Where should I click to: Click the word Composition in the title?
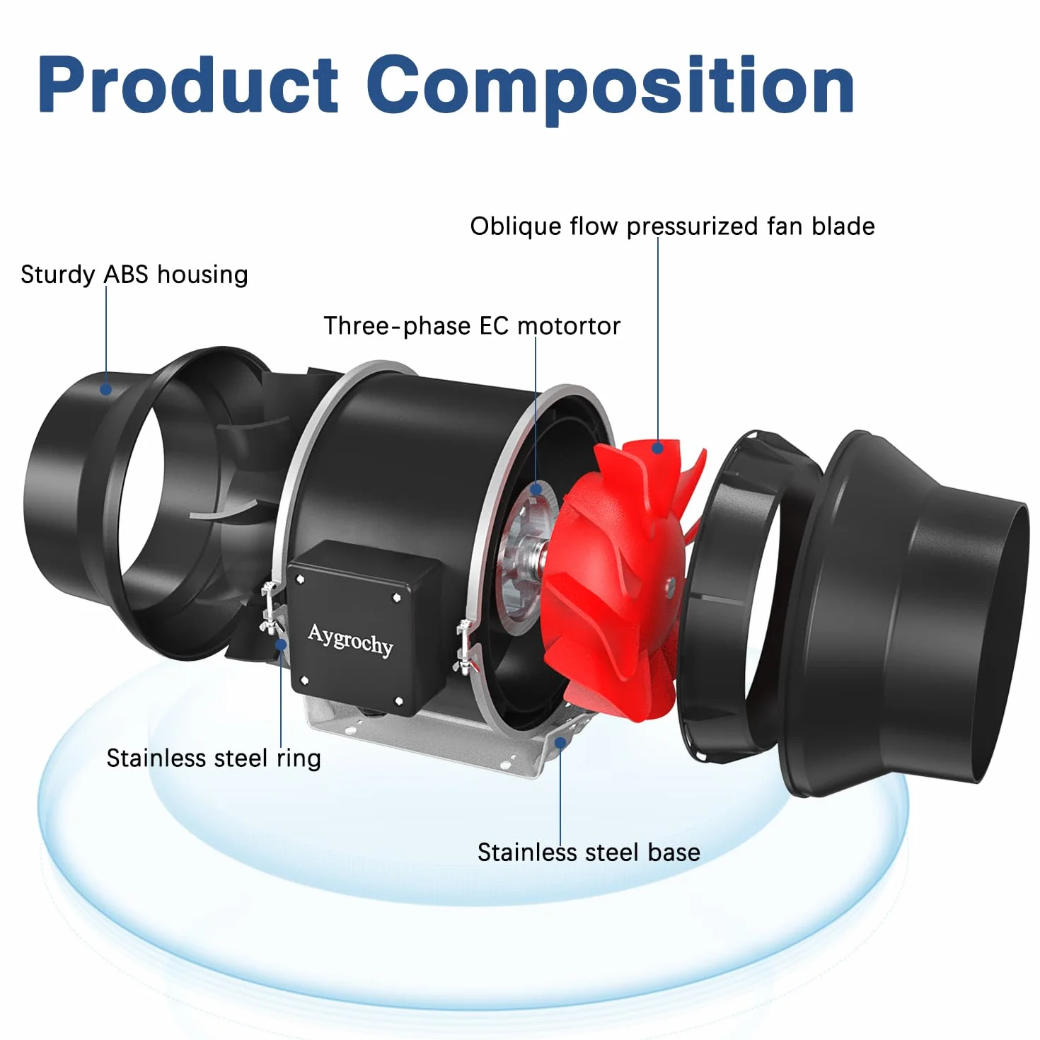coord(611,89)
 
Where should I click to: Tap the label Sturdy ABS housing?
coord(134,275)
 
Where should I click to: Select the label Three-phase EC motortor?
coord(472,326)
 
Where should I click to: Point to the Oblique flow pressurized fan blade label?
coord(672,226)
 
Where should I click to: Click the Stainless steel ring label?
coord(214,758)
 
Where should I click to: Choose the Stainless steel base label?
coord(589,853)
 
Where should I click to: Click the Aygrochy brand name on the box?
coord(350,640)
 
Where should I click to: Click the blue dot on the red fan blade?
coord(657,447)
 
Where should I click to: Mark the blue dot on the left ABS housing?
coord(106,388)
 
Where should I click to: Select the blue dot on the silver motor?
coord(536,489)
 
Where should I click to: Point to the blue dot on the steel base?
coord(560,743)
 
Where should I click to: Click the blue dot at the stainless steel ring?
coord(281,644)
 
